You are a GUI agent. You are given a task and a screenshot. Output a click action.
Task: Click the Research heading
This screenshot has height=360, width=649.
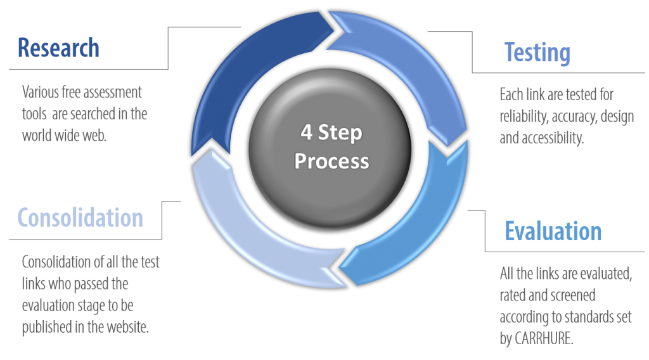point(58,48)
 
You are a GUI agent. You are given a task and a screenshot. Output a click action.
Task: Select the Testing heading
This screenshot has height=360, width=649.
point(537,53)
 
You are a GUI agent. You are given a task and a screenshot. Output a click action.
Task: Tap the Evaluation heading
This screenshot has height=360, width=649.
point(553,231)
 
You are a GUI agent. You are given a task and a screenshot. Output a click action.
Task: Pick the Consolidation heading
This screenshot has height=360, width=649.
point(80,217)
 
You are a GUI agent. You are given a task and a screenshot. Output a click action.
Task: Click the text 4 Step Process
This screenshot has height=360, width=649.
point(331,148)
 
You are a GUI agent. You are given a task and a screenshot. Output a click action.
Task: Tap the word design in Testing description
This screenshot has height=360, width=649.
point(617,117)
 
